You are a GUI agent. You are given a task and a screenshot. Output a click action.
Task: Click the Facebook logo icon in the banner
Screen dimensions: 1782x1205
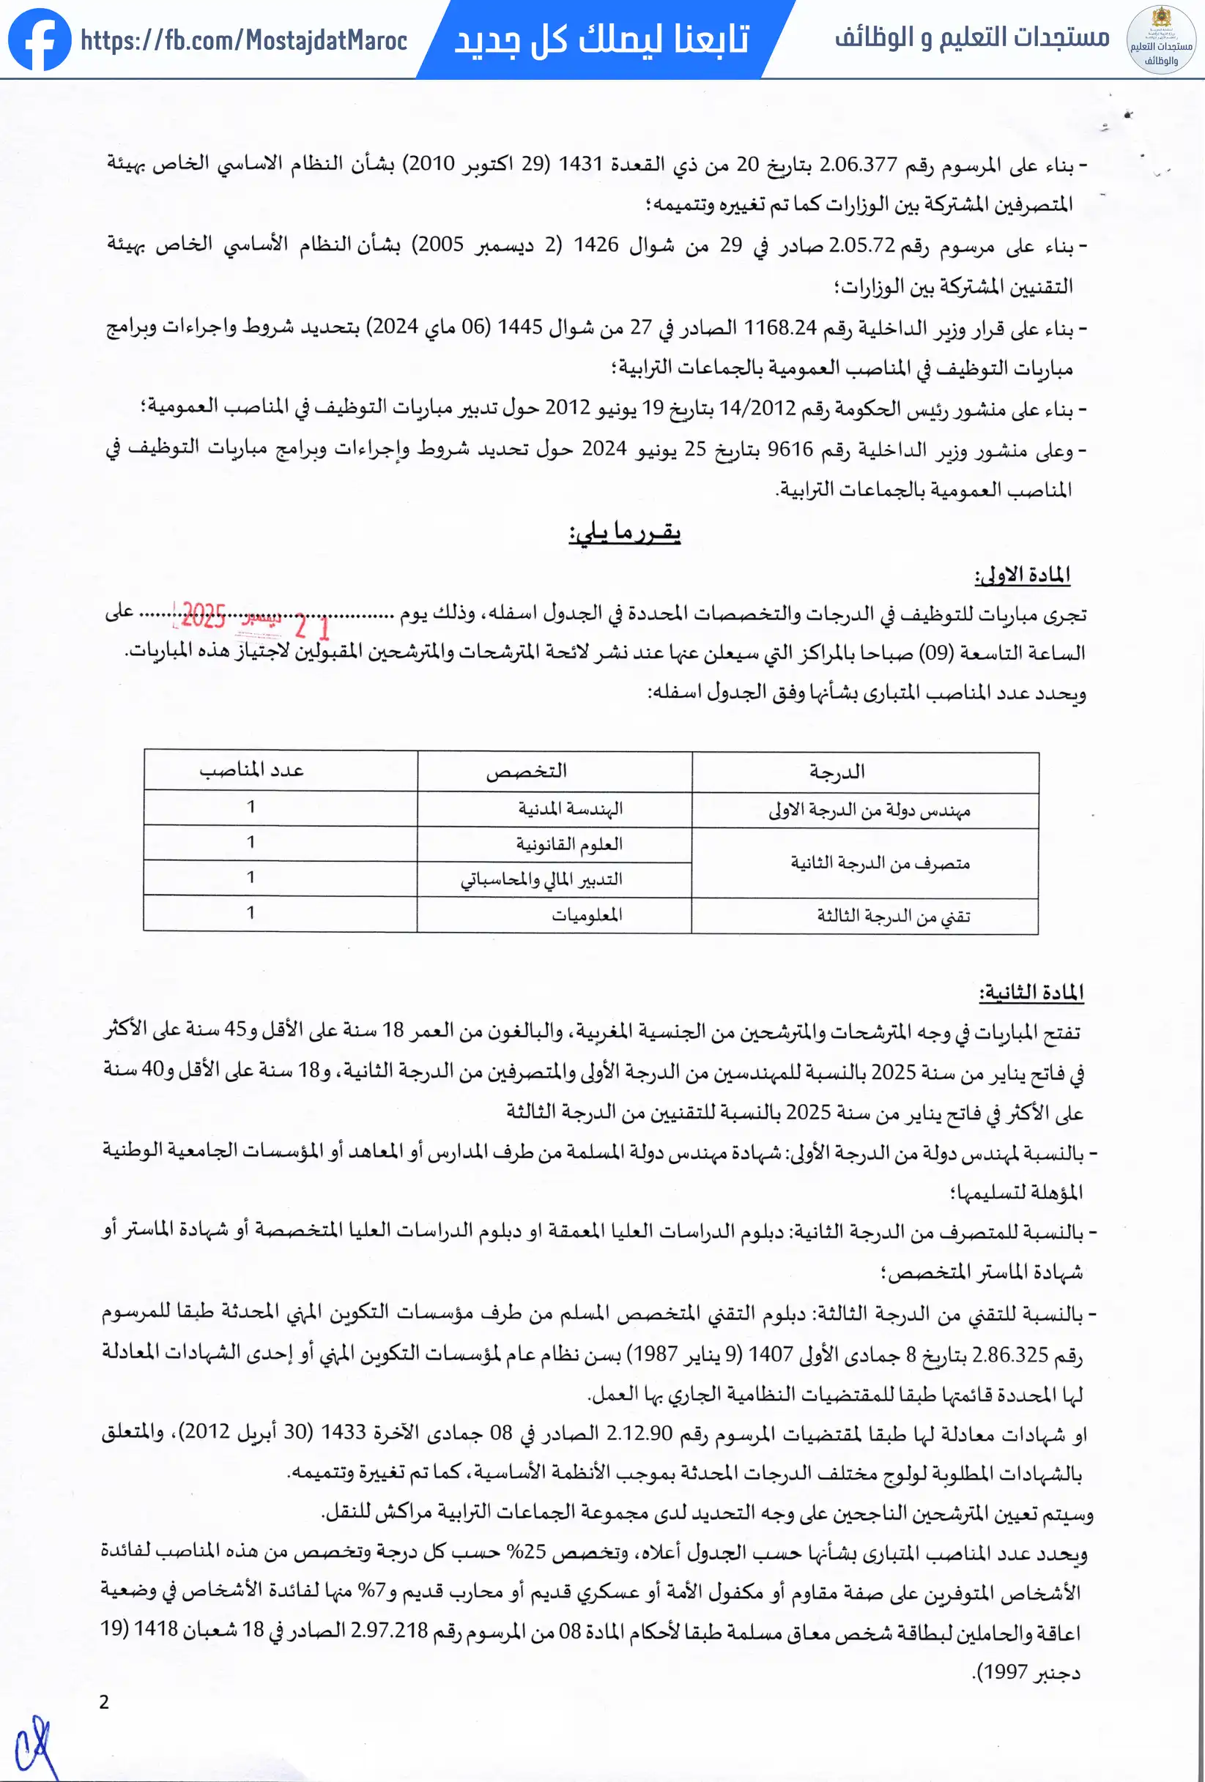[40, 39]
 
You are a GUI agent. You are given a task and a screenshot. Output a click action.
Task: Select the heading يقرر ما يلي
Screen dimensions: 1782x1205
[624, 532]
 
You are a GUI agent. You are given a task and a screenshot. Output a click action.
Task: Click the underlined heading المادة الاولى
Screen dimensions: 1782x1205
[1022, 574]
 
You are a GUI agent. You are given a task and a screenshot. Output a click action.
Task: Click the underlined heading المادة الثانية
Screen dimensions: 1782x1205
[1031, 992]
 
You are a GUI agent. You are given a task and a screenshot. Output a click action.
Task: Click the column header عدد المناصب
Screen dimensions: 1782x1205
[251, 770]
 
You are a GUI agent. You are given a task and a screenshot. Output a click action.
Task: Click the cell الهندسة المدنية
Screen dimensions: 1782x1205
[570, 808]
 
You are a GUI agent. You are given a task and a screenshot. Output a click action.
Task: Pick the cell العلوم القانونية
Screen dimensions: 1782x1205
[568, 844]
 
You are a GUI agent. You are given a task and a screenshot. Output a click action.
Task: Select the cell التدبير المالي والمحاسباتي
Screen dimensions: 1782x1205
[541, 879]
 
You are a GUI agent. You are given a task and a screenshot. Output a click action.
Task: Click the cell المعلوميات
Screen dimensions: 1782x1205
[587, 914]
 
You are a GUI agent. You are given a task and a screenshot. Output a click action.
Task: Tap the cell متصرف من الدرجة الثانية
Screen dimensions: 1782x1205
[880, 863]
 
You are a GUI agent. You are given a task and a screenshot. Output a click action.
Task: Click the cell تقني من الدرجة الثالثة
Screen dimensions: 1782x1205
[893, 917]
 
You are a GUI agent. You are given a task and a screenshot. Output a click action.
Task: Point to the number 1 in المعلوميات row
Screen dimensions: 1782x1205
[251, 912]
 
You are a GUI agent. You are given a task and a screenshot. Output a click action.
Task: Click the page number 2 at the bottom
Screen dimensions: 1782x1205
[104, 1702]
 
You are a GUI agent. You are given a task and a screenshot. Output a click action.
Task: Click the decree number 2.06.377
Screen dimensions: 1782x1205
[858, 164]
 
